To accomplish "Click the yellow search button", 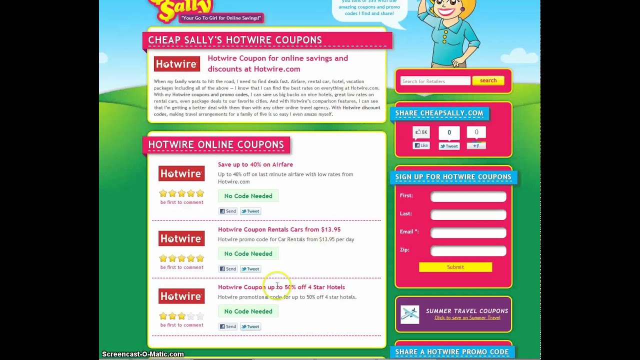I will tap(488, 80).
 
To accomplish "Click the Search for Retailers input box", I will tap(435, 81).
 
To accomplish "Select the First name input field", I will tap(468, 196).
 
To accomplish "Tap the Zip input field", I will tap(468, 250).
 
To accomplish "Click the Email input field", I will tap(468, 232).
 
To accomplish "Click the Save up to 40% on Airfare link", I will tap(255, 164).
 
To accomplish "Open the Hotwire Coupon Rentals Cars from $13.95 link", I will tap(279, 229).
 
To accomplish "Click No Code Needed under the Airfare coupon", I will tap(248, 196).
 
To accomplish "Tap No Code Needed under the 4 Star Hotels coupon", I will tap(248, 311).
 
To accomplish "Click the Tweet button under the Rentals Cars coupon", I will tap(250, 269).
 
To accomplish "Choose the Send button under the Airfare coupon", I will tap(227, 211).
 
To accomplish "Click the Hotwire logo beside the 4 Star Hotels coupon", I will tap(181, 296).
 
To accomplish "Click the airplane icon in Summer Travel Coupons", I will tap(410, 314).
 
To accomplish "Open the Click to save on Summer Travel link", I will tap(467, 318).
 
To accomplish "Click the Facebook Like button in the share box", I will tap(421, 145).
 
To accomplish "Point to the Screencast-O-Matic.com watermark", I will tap(143, 354).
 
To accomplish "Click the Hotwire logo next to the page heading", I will tap(176, 64).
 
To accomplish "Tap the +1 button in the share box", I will tap(476, 145).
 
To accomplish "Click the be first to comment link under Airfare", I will tap(181, 202).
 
